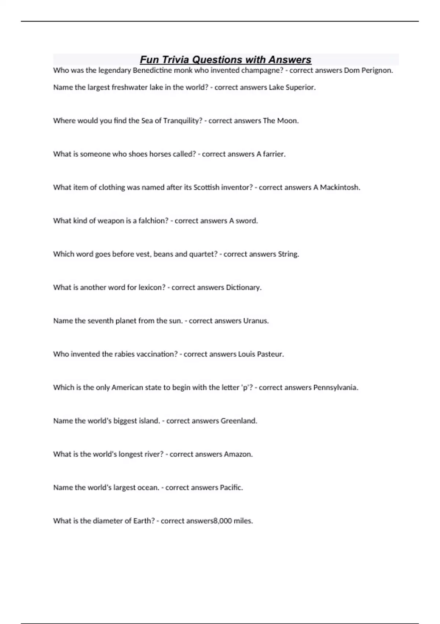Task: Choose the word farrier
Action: point(274,154)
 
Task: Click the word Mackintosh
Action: point(340,188)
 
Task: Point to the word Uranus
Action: point(256,321)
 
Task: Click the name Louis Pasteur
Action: point(261,354)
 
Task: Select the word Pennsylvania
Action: point(335,388)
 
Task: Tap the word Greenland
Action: point(239,421)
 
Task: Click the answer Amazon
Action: point(238,454)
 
